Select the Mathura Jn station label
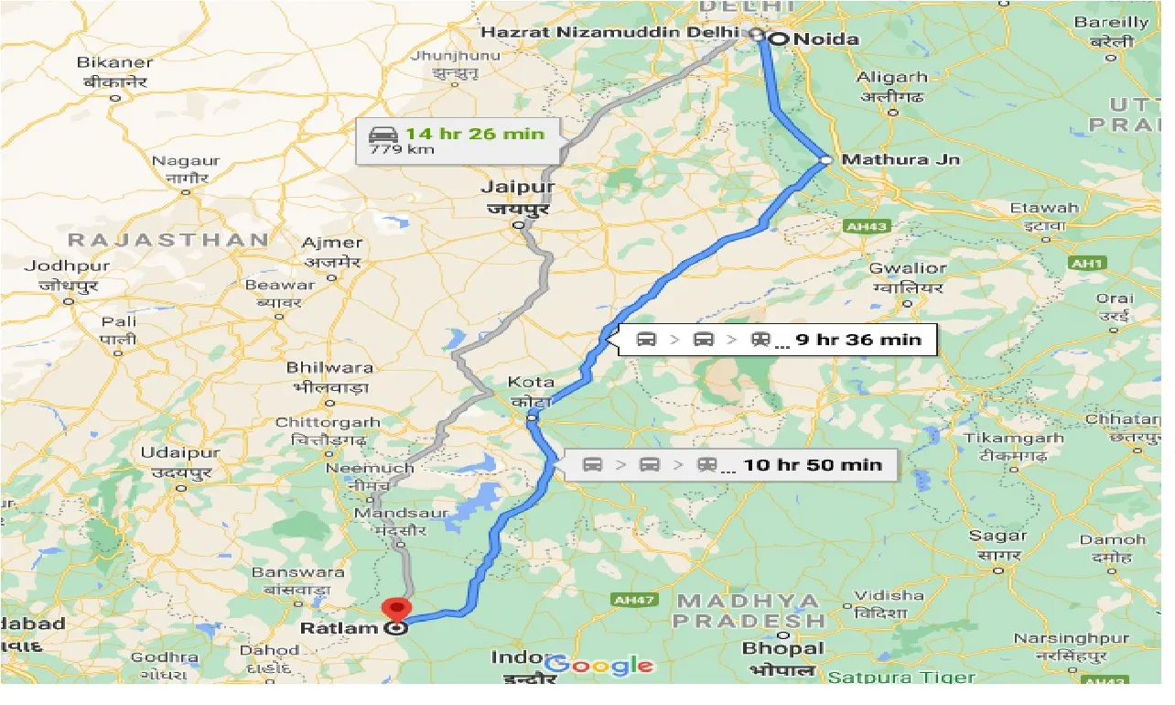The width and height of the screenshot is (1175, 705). tap(900, 159)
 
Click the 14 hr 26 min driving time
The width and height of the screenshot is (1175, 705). tap(474, 134)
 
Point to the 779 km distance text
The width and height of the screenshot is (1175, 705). tap(389, 149)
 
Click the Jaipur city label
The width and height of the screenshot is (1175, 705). tap(518, 188)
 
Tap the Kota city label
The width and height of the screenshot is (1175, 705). tap(531, 382)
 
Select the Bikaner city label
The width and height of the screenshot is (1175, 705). tap(115, 63)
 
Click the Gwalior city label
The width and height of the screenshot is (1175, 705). tap(907, 268)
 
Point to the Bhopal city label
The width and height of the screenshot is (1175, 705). tap(782, 648)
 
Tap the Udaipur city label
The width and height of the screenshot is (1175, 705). tap(180, 453)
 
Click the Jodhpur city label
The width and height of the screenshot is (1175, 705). tap(67, 266)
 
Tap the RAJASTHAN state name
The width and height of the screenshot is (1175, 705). tap(168, 240)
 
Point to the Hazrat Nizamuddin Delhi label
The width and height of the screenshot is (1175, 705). tap(609, 32)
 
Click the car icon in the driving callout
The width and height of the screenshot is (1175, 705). tap(382, 133)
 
